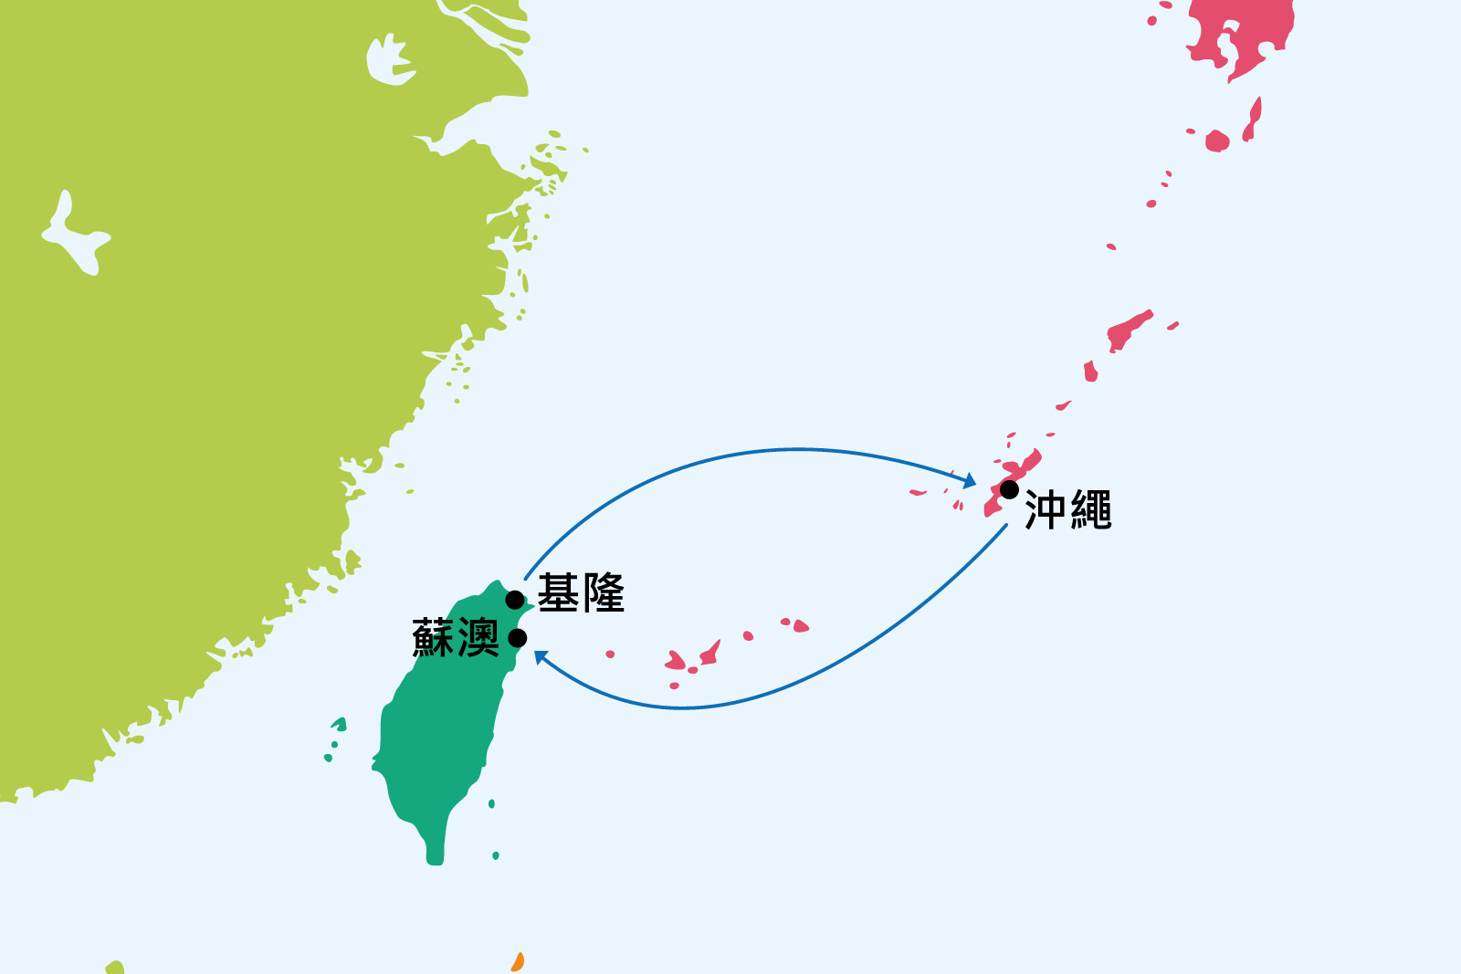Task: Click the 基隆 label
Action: pos(581,593)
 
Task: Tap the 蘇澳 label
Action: pos(456,637)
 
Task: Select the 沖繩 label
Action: pos(1067,510)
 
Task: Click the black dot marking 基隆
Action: pos(515,600)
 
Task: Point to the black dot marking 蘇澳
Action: pos(517,637)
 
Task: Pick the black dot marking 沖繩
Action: pos(1009,490)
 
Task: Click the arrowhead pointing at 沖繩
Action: pos(971,481)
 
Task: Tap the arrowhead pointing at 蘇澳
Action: pos(541,656)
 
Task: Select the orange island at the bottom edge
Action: pos(518,962)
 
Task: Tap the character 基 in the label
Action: pos(558,593)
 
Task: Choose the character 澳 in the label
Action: pos(478,637)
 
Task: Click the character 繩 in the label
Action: pos(1091,510)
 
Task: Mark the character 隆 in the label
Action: pos(604,593)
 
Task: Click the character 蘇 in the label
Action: pos(433,637)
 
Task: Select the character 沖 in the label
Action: pos(1045,510)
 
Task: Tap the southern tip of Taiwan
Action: pos(435,859)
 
